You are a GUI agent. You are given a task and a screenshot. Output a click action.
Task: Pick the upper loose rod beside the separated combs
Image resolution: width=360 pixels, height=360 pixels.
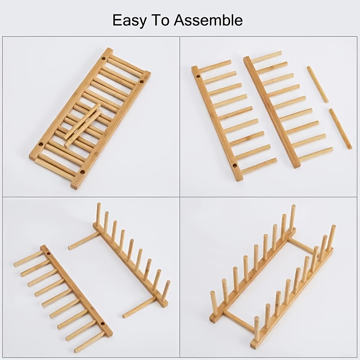click(318, 85)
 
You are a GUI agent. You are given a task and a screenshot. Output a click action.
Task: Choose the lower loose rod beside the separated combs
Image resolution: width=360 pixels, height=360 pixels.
click(340, 129)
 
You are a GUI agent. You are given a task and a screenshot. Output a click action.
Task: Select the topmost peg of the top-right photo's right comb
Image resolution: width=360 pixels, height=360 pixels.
click(266, 57)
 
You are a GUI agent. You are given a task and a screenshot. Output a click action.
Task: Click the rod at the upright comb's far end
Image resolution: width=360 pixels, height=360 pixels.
click(84, 241)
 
